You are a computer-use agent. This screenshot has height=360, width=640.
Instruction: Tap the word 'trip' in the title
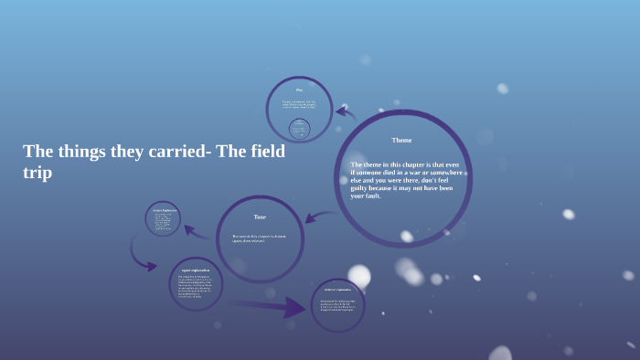[x=37, y=173]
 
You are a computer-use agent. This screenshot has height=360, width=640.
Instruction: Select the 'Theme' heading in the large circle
[x=401, y=141]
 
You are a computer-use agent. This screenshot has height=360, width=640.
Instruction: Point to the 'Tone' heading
[x=260, y=217]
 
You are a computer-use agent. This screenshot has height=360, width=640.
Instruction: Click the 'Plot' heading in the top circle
[x=299, y=90]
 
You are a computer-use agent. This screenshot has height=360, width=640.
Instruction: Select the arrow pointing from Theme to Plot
[x=346, y=114]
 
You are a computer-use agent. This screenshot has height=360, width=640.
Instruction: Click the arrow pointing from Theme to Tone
[x=318, y=217]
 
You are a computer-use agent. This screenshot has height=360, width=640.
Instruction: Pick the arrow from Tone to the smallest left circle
[x=196, y=230]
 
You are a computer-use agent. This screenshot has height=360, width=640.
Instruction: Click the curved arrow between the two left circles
[x=141, y=251]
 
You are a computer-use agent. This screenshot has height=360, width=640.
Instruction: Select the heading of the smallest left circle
[x=164, y=210]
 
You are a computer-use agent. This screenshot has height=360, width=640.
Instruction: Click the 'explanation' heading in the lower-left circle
[x=196, y=270]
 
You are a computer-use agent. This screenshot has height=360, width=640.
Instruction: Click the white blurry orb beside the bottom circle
[x=359, y=276]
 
